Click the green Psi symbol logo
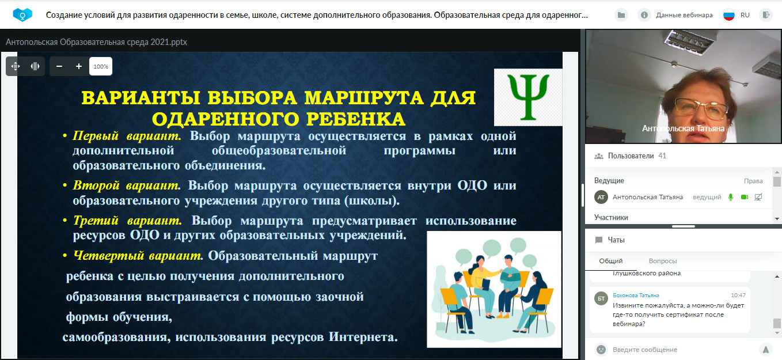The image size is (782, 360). pos(528,97)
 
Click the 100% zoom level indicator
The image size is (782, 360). pos(101,66)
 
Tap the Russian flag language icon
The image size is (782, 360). pos(729,15)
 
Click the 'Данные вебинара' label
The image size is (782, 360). pos(684,15)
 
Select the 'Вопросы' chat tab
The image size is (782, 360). pos(663,261)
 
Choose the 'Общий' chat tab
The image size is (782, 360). pos(610,261)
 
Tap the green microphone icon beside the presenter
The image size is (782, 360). pos(731,198)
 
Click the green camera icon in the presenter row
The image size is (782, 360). pos(745,198)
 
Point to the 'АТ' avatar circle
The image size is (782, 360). pos(601,198)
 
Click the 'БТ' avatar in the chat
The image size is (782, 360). pos(601,298)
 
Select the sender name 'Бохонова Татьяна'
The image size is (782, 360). pos(636,295)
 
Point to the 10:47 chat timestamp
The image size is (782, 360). pos(738,295)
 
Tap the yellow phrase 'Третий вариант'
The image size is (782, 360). pos(127,221)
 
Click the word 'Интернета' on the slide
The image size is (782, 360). pos(363,337)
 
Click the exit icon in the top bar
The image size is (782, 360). pos(766,15)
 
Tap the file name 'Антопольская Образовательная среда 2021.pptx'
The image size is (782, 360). pos(96,42)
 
